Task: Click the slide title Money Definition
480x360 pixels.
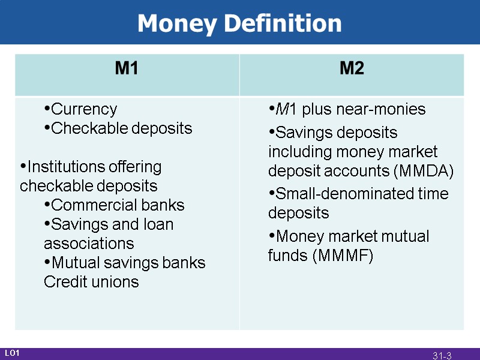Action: pos(239,23)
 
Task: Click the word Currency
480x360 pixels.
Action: pos(84,109)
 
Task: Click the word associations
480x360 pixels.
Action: pos(89,244)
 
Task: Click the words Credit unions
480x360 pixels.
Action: pos(91,282)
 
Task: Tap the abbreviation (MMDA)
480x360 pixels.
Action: pos(423,171)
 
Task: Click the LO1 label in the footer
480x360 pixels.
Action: pos(13,353)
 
